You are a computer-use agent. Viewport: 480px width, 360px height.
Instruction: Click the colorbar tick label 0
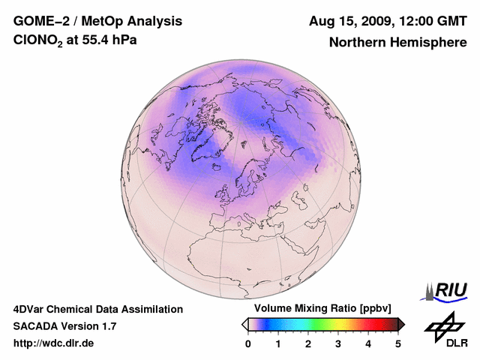coord(248,343)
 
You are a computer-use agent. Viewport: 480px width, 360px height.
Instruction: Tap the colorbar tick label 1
coord(278,343)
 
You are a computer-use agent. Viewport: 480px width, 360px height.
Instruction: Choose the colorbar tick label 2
coord(308,343)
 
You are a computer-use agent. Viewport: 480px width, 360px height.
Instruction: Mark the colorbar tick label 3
coord(338,343)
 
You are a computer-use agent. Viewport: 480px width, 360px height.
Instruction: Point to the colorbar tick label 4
coord(368,343)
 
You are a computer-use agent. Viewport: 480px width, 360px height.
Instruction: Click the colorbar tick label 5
coord(398,343)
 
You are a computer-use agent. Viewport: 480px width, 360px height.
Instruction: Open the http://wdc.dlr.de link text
coord(54,343)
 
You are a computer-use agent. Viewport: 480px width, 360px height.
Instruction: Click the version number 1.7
coord(108,326)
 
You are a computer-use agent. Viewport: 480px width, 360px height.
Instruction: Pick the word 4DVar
coord(30,309)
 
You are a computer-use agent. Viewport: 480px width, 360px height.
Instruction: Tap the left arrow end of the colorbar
coord(244,324)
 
